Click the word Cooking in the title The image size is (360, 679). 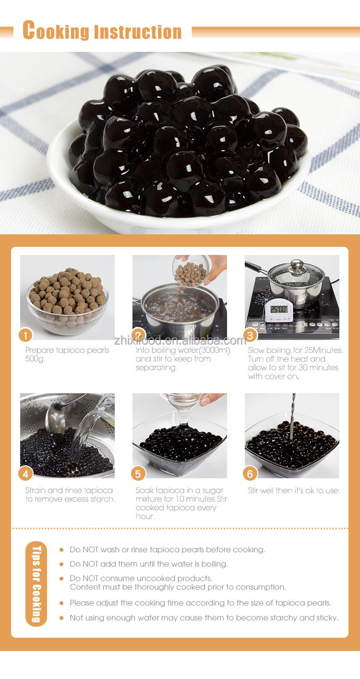pyautogui.click(x=56, y=30)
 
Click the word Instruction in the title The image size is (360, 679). pyautogui.click(x=138, y=32)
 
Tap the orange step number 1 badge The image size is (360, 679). pyautogui.click(x=26, y=335)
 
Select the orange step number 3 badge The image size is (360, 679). pyautogui.click(x=250, y=335)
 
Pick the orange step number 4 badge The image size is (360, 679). pyautogui.click(x=26, y=473)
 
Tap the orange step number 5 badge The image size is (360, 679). pyautogui.click(x=138, y=473)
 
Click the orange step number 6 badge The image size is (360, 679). pyautogui.click(x=250, y=473)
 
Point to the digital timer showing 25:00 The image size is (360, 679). pyautogui.click(x=279, y=310)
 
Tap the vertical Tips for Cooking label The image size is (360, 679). pyautogui.click(x=36, y=583)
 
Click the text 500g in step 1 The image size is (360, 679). pyautogui.click(x=35, y=359)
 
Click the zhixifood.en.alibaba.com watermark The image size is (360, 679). pyautogui.click(x=180, y=341)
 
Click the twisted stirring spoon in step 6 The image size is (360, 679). pyautogui.click(x=292, y=416)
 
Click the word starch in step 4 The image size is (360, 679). pyautogui.click(x=103, y=499)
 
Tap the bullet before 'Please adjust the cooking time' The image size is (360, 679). pyautogui.click(x=61, y=603)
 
